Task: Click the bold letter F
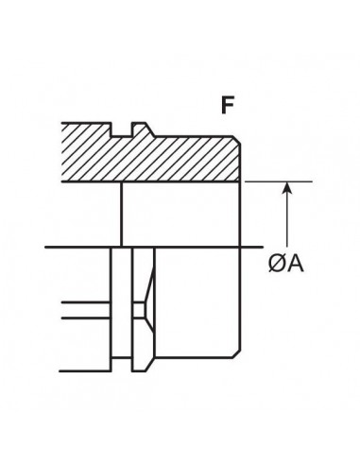click(228, 105)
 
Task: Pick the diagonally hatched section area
click(170, 154)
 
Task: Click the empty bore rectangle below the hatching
click(181, 214)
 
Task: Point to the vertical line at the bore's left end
click(121, 214)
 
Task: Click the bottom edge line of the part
click(180, 359)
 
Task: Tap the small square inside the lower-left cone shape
click(139, 309)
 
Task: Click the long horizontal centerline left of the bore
click(80, 248)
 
